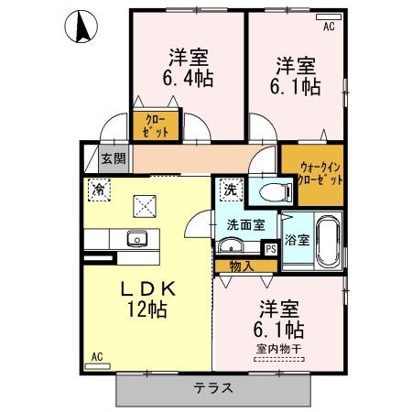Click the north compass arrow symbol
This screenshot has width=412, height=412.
[81, 27]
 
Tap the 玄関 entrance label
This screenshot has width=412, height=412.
[114, 158]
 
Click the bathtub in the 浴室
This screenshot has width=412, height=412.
[328, 242]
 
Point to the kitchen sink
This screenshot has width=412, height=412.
[137, 239]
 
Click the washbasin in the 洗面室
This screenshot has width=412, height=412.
[231, 245]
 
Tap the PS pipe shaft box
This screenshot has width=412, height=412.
[271, 249]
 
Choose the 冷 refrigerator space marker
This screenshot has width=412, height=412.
[99, 190]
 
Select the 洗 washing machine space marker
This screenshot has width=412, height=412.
[231, 190]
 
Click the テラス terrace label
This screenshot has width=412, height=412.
[213, 388]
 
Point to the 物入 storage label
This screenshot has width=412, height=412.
[242, 266]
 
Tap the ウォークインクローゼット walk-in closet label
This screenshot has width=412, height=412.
[320, 174]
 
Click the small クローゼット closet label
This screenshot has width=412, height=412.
[156, 125]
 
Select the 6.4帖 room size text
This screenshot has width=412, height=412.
[188, 79]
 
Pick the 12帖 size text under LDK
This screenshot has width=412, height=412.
[147, 309]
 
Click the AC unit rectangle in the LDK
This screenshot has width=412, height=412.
[98, 366]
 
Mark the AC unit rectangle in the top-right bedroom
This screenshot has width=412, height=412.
[329, 17]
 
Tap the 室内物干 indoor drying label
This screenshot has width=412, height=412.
[279, 349]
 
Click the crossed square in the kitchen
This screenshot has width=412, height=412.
[145, 206]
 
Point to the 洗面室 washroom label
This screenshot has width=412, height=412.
[246, 225]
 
